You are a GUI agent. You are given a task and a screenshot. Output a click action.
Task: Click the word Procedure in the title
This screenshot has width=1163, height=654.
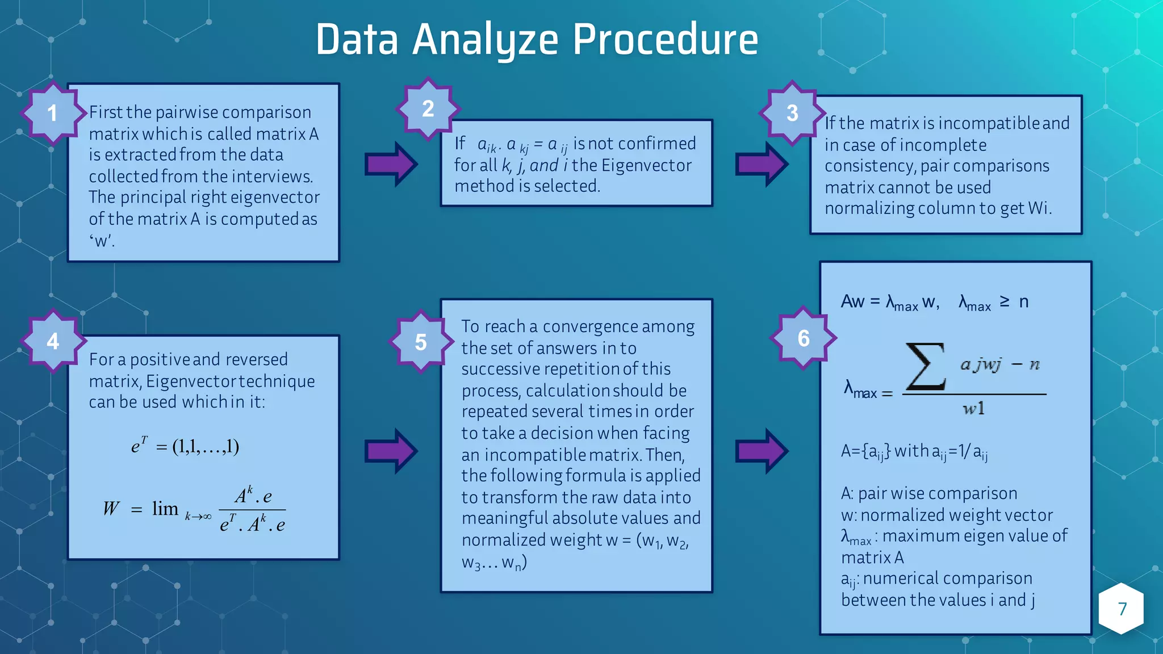click(x=665, y=40)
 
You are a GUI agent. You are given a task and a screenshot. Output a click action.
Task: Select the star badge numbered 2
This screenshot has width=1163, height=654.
click(x=428, y=108)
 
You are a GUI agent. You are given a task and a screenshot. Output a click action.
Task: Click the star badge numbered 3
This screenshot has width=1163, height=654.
click(x=792, y=113)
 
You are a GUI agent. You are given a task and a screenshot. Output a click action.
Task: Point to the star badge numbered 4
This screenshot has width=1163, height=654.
click(x=53, y=341)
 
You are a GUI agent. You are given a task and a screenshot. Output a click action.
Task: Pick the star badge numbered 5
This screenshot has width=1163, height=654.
click(x=421, y=342)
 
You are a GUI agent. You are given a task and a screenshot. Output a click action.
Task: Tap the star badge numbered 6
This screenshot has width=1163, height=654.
click(x=803, y=338)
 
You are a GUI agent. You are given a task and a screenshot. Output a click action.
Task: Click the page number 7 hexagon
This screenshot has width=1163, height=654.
click(x=1122, y=609)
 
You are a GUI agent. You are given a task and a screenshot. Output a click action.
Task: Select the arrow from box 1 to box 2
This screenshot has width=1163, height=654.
click(x=391, y=165)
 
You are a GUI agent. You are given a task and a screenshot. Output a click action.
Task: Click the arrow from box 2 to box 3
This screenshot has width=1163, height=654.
click(x=762, y=165)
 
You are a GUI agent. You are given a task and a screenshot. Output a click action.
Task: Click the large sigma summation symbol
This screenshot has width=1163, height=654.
click(x=925, y=367)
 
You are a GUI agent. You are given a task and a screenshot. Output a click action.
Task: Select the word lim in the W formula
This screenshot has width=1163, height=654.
click(x=165, y=509)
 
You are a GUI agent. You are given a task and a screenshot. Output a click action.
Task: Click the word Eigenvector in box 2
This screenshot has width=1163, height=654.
click(x=646, y=165)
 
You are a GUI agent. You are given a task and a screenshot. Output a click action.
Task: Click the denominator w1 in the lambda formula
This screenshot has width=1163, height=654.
click(x=973, y=409)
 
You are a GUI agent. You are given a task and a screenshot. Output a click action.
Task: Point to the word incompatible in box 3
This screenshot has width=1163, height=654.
click(x=990, y=123)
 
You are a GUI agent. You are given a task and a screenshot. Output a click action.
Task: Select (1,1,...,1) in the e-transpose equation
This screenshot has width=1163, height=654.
click(x=206, y=447)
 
